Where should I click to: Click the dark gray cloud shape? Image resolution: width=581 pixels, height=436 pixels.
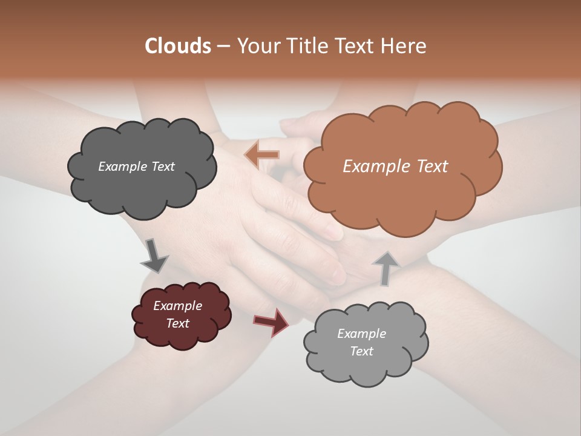pos(142,188)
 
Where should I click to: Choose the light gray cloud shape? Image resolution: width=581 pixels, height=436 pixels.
pos(366,369)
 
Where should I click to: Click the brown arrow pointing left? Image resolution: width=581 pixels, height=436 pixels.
pos(261,155)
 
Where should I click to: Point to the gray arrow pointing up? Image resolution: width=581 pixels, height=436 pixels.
pos(385,268)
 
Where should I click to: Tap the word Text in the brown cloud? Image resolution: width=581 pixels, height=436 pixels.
pos(432,167)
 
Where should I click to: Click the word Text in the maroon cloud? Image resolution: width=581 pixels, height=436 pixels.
pos(177,323)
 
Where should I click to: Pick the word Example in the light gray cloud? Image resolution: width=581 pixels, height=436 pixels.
pos(361,334)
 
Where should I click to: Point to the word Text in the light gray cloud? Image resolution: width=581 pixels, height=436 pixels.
pos(361,351)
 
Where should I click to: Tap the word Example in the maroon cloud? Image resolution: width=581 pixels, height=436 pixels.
pos(177,306)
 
